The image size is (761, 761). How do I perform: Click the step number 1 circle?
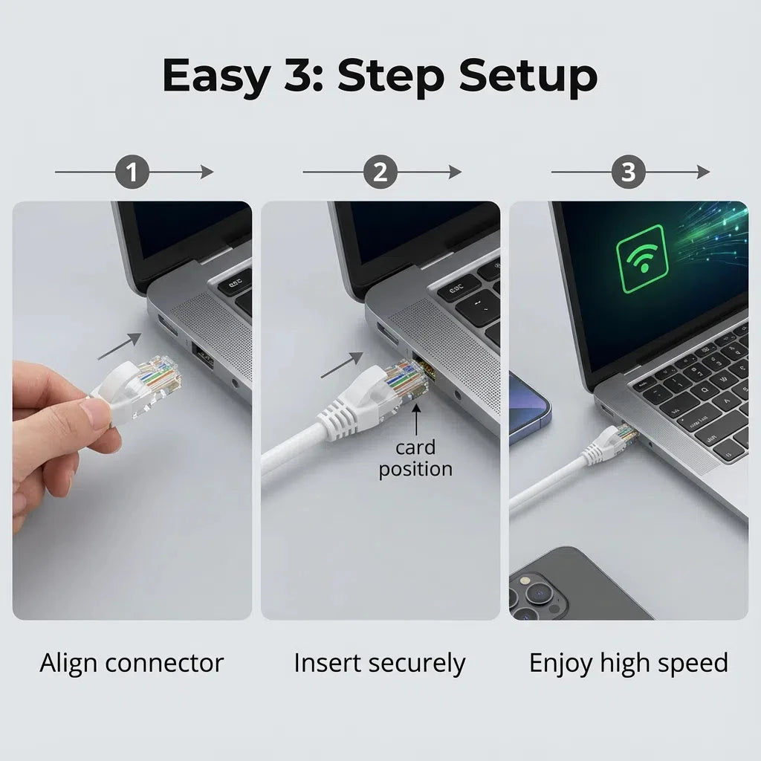(133, 172)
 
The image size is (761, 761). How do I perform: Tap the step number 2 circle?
(380, 172)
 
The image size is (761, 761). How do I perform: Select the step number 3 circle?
(629, 172)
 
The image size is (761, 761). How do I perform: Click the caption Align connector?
(132, 662)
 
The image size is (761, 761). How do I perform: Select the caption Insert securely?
(380, 663)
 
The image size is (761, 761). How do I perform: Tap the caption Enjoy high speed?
(628, 663)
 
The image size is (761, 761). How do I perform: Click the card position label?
(415, 459)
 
